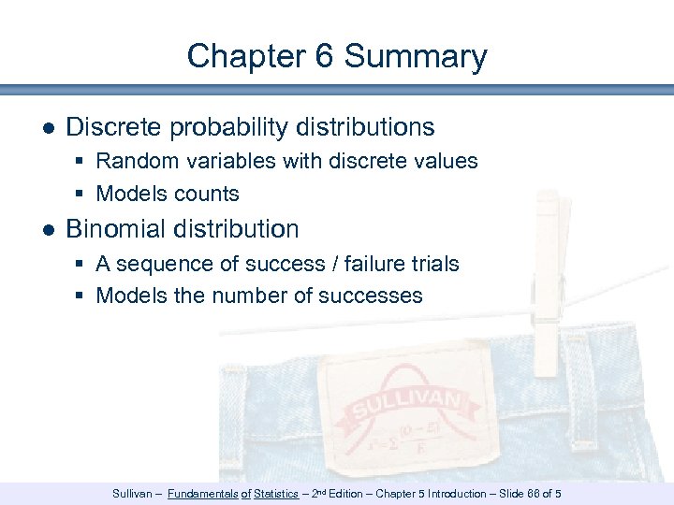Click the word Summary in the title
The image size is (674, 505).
416,56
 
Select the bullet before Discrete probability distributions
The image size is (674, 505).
48,127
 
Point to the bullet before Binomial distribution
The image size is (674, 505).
48,229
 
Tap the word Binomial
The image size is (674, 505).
116,229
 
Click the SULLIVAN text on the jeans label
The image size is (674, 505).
405,406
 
